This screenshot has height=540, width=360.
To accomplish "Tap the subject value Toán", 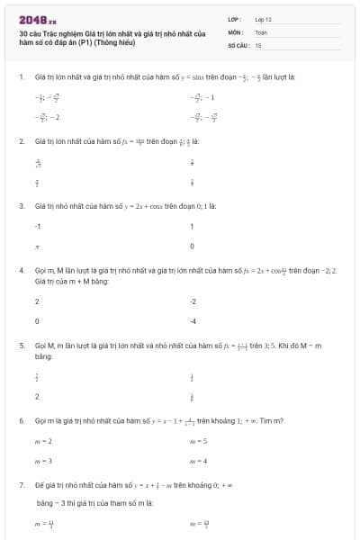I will (x=261, y=31).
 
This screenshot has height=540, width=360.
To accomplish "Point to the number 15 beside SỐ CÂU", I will (x=258, y=44).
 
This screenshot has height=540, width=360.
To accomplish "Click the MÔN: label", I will (x=236, y=31).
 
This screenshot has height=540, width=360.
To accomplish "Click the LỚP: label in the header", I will (x=235, y=19).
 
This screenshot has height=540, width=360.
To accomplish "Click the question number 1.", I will (x=21, y=76).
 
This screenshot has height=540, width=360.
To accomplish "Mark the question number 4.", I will (x=21, y=270).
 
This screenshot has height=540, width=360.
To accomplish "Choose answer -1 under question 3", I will (x=38, y=226).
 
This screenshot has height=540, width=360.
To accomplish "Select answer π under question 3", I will (x=37, y=246).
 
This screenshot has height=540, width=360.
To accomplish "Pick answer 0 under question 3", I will (x=192, y=246).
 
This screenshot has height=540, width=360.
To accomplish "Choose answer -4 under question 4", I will (x=193, y=320).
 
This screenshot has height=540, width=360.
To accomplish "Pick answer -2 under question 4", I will (x=193, y=301).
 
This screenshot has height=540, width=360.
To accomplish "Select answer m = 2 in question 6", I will (x=43, y=441).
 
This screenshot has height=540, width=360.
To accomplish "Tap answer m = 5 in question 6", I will (x=199, y=441).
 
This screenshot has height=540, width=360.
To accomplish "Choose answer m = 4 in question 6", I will (x=199, y=461).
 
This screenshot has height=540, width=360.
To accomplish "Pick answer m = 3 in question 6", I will (x=43, y=461).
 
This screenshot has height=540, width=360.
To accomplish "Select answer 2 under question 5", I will (x=37, y=395).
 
